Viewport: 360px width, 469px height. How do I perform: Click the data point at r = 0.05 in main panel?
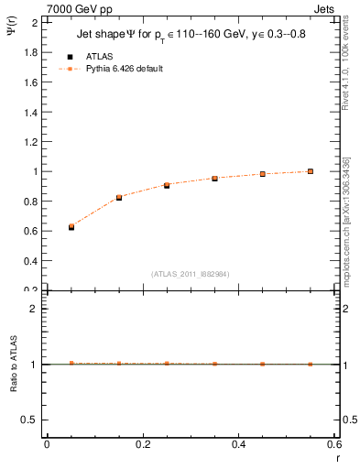[x=71, y=226]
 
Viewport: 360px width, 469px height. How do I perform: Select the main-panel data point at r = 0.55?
[x=311, y=171]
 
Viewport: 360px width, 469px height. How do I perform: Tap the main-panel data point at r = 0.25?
[x=167, y=185]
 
